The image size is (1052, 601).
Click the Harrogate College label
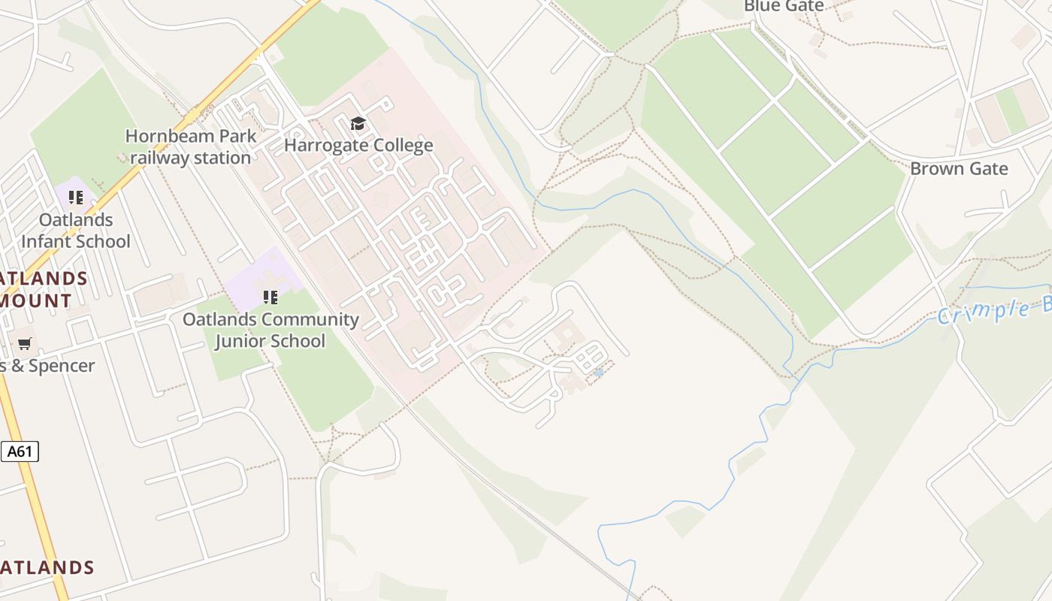click(x=358, y=145)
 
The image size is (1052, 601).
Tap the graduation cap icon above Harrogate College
click(x=358, y=124)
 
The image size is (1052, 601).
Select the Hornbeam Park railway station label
click(x=191, y=147)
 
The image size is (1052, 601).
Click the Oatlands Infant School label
click(x=75, y=231)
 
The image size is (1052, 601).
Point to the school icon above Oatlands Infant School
click(x=75, y=198)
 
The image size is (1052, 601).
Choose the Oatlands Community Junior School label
click(x=271, y=330)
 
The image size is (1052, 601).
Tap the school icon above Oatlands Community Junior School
click(x=270, y=297)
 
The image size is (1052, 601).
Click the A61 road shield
click(x=20, y=452)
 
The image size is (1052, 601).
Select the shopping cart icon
click(x=25, y=344)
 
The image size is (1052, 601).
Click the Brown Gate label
click(x=958, y=168)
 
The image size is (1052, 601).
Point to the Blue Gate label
click(x=784, y=6)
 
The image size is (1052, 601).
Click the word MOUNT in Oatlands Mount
click(x=35, y=300)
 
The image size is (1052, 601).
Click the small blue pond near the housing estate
click(x=598, y=372)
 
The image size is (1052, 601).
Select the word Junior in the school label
click(x=243, y=340)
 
